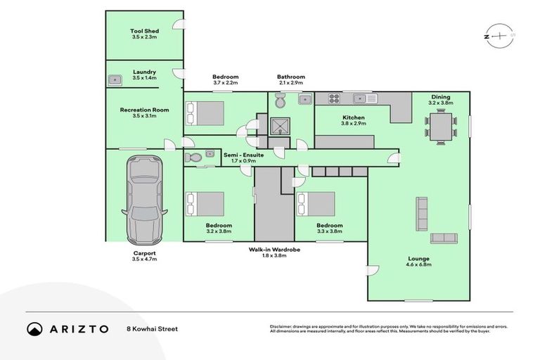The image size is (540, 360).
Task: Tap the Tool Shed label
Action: pos(144,31)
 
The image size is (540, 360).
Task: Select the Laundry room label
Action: pos(144,72)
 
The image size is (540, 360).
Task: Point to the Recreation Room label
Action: pos(144,110)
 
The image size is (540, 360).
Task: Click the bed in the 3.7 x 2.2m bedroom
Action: pos(205,112)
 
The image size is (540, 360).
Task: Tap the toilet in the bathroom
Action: pos(281,102)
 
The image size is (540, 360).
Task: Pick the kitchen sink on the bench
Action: pos(362,98)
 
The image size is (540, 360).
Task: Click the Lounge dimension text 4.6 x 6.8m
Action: pos(418,264)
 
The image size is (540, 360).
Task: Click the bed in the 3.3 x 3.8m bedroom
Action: pos(316,204)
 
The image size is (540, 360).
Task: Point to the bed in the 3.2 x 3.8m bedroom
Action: pos(205,204)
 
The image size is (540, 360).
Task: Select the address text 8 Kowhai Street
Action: pos(151,328)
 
